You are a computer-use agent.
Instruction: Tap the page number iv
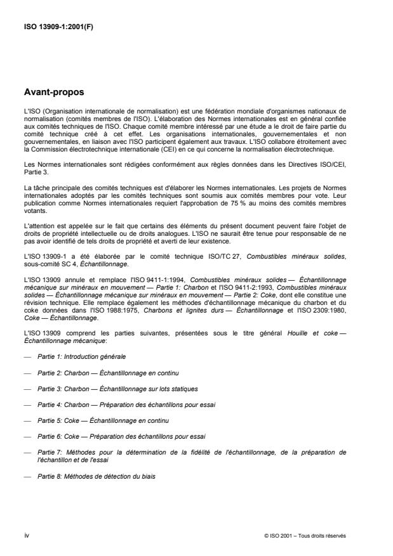tap(26, 536)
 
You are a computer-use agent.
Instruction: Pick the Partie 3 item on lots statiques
tap(100, 389)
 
